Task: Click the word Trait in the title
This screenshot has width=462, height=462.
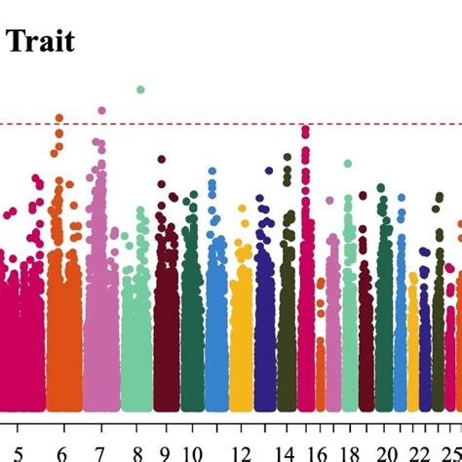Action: pos(40,42)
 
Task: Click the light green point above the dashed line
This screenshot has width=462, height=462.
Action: pos(140,89)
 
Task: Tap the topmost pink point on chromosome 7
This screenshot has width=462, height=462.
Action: pos(100,110)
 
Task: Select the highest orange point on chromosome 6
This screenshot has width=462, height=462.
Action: pos(58,118)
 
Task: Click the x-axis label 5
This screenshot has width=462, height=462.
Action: pos(13,451)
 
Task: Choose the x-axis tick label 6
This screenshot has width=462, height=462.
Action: pos(62,451)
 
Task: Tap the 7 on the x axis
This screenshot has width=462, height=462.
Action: pos(100,451)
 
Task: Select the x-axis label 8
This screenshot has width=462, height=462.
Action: pos(138,451)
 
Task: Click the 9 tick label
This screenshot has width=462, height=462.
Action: pos(165,451)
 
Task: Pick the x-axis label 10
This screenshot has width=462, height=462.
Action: pos(193,451)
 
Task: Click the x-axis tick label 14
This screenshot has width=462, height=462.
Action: pos(286,451)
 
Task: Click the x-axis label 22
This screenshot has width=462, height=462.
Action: pos(419,451)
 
